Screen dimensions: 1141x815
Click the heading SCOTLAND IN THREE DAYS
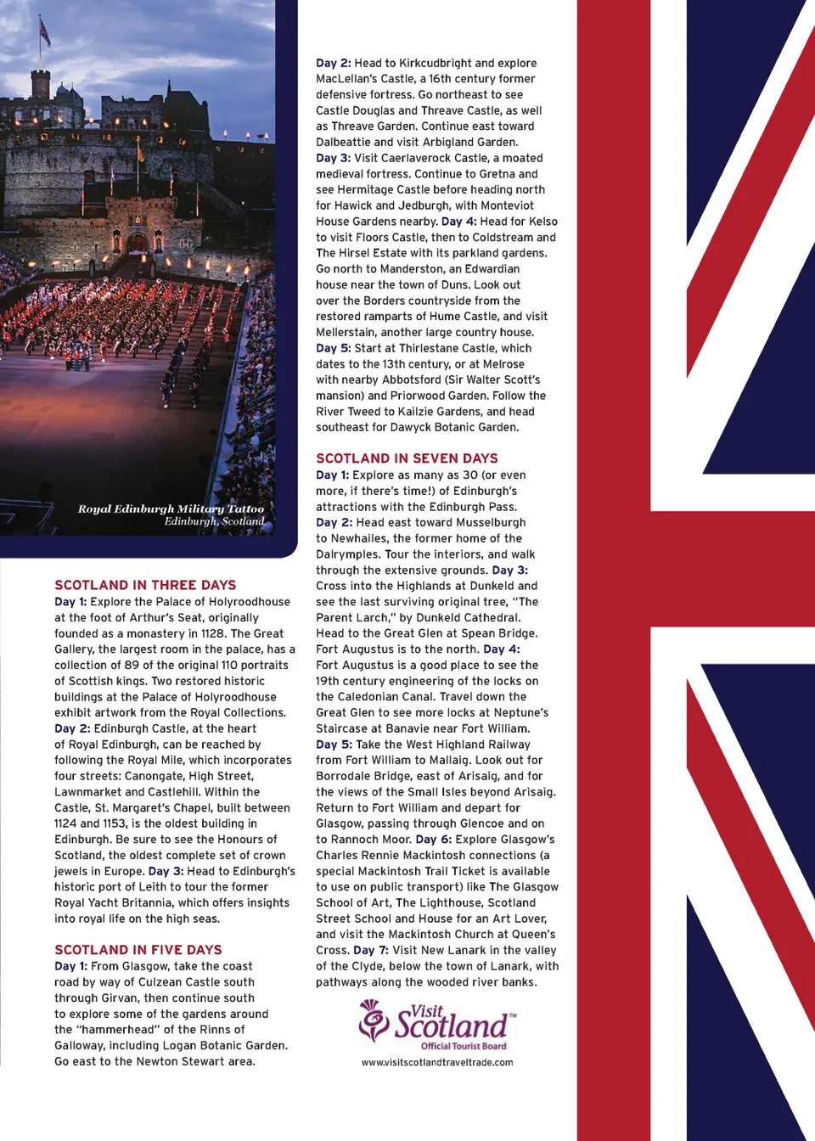(x=145, y=585)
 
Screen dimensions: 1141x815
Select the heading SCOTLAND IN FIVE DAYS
(x=138, y=950)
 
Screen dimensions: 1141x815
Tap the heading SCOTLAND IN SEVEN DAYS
(x=407, y=458)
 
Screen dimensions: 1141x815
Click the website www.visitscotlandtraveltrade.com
(x=437, y=1062)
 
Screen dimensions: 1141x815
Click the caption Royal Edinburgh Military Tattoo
(x=171, y=509)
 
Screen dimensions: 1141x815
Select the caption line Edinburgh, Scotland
(x=214, y=521)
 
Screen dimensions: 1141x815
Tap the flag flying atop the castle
(x=44, y=32)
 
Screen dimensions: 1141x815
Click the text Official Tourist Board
(x=464, y=1046)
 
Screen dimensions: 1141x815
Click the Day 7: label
(x=371, y=950)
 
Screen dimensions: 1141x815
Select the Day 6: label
(x=434, y=839)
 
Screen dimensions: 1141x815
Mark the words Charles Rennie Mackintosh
(x=384, y=855)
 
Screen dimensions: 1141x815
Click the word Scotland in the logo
(x=452, y=1026)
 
